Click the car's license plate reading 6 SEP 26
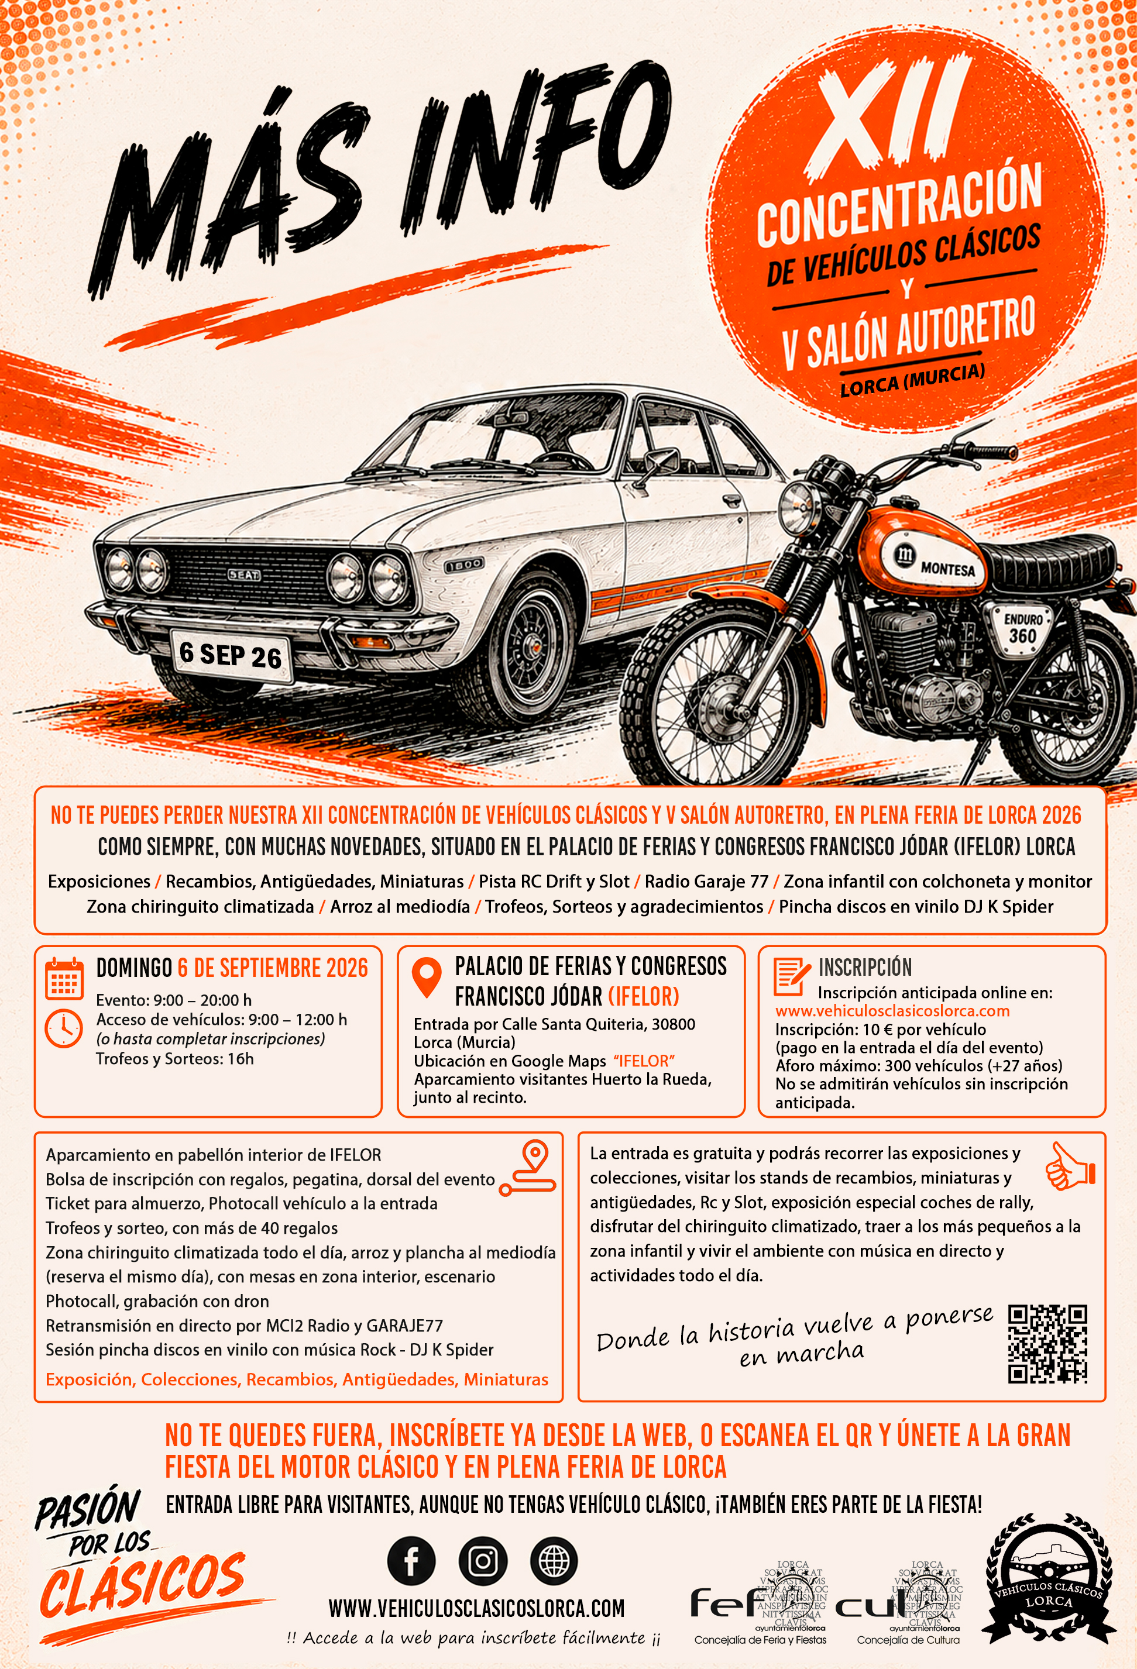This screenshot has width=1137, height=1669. coord(232,655)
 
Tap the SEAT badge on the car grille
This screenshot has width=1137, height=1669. coord(244,575)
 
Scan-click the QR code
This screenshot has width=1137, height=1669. coord(1047,1344)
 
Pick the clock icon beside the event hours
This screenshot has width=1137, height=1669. coord(64,1028)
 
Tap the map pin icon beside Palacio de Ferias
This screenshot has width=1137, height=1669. coord(427,978)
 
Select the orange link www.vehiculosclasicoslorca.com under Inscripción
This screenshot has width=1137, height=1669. coord(892,1010)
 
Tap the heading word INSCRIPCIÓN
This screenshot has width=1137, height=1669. coord(865,968)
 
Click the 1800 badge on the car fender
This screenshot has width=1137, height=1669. coord(464,565)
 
